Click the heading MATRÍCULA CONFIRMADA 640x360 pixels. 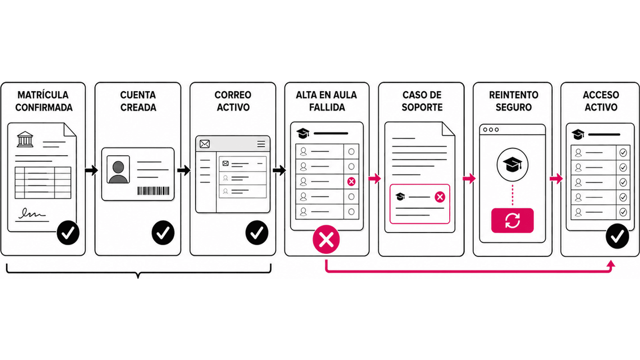pyautogui.click(x=44, y=101)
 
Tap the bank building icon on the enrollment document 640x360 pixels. pyautogui.click(x=25, y=139)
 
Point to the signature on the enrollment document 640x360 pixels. pyautogui.click(x=32, y=214)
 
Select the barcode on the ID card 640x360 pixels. pyautogui.click(x=153, y=191)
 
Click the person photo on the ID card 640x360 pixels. pyautogui.click(x=118, y=170)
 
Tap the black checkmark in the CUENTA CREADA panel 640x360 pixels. pyautogui.click(x=163, y=232)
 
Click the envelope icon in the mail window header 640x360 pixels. pyautogui.click(x=204, y=144)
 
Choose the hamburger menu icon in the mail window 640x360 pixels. pyautogui.click(x=261, y=144)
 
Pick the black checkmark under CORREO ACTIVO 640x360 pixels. pyautogui.click(x=257, y=232)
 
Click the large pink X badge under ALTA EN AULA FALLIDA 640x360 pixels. pyautogui.click(x=326, y=240)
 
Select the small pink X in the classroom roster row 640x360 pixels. pyautogui.click(x=351, y=182)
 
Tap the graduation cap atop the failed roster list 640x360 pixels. pyautogui.click(x=303, y=133)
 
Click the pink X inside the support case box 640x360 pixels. pyautogui.click(x=440, y=197)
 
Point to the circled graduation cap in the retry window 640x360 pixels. pyautogui.click(x=512, y=164)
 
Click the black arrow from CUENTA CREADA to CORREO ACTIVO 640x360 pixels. pyautogui.click(x=184, y=170)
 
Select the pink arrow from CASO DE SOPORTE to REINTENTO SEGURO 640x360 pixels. pyautogui.click(x=469, y=179)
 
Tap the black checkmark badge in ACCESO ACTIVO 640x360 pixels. pyautogui.click(x=617, y=236)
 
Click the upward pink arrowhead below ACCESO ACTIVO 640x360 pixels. pyautogui.click(x=611, y=264)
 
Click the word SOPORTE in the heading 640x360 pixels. pyautogui.click(x=422, y=107)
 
